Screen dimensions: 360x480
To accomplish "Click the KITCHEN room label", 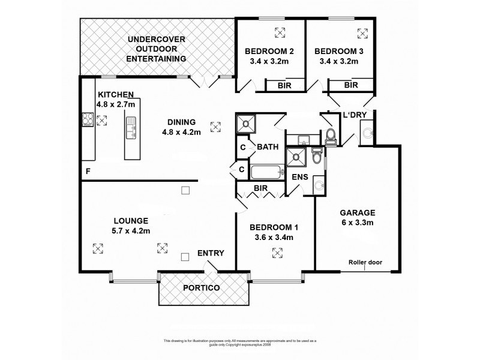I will click(x=119, y=94).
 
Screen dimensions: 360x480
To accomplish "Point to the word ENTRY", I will click(x=211, y=253).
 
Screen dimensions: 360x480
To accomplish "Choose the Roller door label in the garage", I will click(x=365, y=262).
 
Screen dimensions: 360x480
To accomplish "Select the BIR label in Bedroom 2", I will click(x=285, y=86).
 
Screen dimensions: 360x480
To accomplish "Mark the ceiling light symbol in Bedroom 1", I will click(x=277, y=254).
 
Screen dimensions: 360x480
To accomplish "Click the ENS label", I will click(x=299, y=178).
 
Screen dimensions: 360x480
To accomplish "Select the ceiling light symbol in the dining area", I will click(x=215, y=127).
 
